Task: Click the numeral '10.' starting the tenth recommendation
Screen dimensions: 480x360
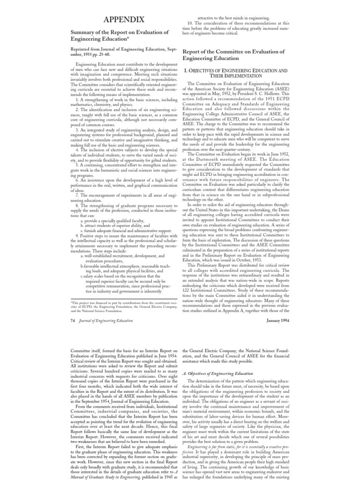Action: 190,22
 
